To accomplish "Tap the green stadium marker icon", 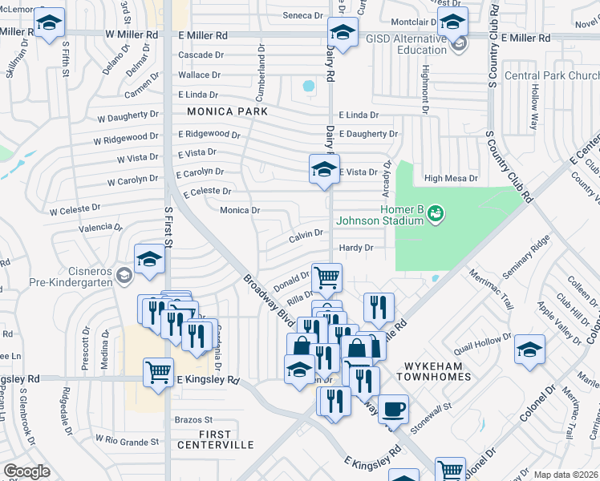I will pos(436,213).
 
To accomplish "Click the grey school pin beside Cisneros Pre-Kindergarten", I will pos(124,276).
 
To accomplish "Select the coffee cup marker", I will pos(393,409).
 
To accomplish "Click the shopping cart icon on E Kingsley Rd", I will pos(158,371).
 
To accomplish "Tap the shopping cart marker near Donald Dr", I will pos(326,277).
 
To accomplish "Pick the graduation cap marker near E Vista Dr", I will pos(324,169).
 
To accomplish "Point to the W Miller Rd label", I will pos(132,35).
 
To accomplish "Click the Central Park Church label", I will pos(551,76).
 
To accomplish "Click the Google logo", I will pos(26,471).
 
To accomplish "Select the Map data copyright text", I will pos(566,475).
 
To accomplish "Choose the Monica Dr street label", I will pos(240,210).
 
